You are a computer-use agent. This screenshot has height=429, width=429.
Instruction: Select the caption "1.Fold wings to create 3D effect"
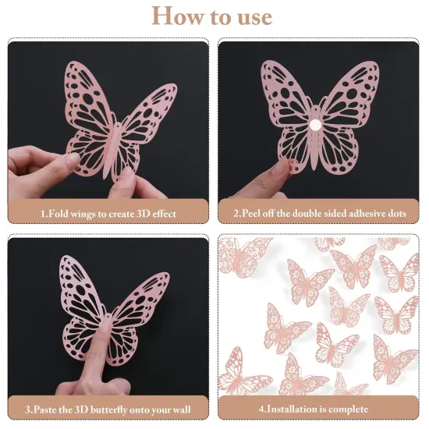tap(108, 213)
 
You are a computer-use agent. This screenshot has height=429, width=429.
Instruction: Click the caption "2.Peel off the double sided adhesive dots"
tap(319, 213)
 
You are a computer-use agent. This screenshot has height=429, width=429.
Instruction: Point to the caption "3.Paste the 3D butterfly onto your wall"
tap(108, 408)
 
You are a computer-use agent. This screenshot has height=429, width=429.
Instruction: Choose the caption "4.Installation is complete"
tap(319, 408)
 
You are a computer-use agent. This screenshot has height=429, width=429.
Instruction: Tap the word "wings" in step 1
tap(91, 213)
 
